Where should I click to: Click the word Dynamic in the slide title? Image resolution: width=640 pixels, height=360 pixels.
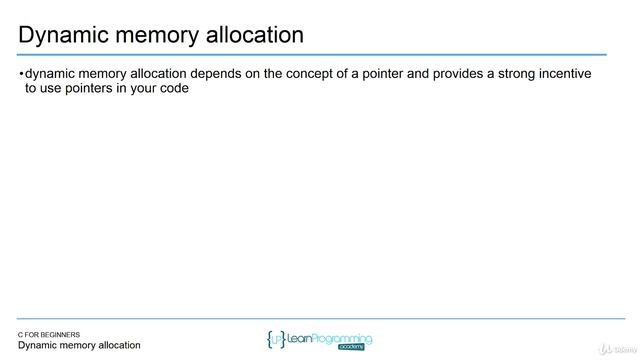coord(61,36)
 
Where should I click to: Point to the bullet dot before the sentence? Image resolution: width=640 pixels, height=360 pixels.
coord(21,74)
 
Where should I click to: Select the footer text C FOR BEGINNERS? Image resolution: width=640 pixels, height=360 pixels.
coord(56,334)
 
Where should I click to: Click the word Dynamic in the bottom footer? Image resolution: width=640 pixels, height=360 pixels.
coord(43,346)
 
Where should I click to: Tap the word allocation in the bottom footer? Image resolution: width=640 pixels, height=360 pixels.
coord(117,346)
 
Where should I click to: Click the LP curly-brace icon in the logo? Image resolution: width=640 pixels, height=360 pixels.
coord(276,339)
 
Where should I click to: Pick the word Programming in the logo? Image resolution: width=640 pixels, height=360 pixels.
coord(337,338)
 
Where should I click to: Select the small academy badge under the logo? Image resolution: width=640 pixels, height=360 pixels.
coord(354,349)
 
